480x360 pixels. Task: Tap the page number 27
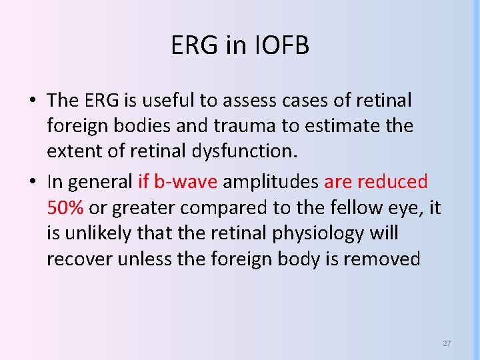click(447, 343)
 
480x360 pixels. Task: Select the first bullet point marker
click(32, 101)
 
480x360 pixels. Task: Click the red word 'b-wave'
click(186, 182)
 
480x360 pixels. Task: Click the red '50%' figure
click(65, 207)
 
